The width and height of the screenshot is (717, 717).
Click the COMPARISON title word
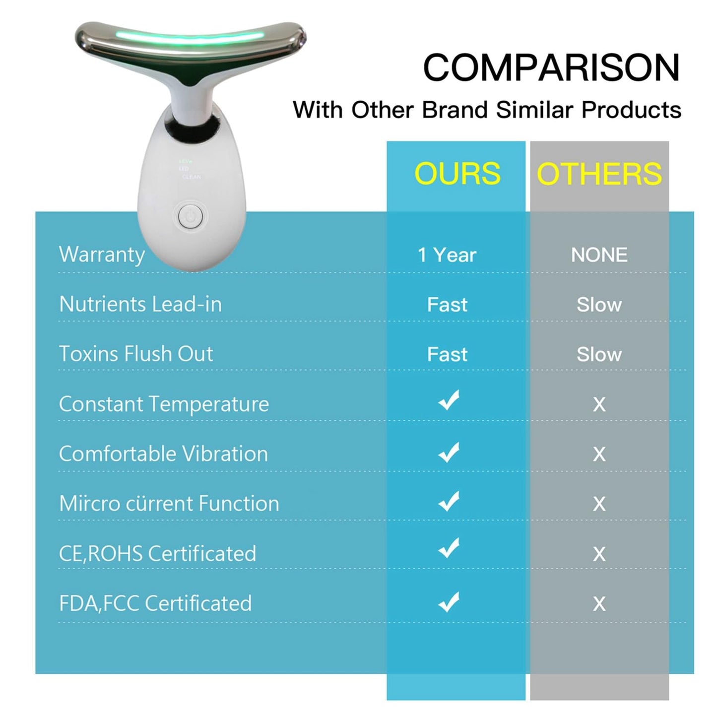[551, 67]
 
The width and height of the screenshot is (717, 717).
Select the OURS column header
[457, 173]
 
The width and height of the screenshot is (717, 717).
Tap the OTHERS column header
[599, 173]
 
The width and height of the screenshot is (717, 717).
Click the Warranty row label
[102, 255]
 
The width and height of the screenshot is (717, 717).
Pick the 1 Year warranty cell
[447, 255]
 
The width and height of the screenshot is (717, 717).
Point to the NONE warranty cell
[599, 255]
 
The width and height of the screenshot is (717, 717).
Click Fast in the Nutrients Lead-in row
[447, 305]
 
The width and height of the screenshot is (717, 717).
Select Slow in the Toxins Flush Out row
[599, 354]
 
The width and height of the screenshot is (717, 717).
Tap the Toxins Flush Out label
[136, 353]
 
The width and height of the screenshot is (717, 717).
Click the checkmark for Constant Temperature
[449, 400]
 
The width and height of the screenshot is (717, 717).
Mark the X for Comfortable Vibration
[599, 455]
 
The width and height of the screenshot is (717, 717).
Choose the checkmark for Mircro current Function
[449, 501]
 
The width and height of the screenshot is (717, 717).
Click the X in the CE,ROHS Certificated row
[599, 554]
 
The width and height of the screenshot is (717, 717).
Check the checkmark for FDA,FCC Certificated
[449, 602]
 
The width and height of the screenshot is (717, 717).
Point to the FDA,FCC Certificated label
[155, 603]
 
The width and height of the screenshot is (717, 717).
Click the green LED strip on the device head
[190, 36]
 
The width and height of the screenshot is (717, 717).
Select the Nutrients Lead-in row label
[140, 304]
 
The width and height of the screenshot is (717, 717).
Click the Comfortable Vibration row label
[163, 454]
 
